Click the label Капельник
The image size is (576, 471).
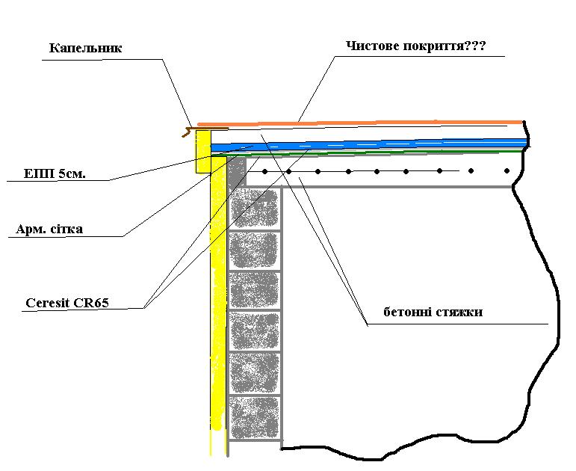tap(85, 49)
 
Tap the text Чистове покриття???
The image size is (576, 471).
tap(416, 46)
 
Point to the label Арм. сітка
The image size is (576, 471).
tap(49, 230)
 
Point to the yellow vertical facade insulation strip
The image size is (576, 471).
tap(217, 299)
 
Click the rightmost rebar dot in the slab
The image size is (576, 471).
tap(507, 170)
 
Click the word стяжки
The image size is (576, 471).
tap(459, 312)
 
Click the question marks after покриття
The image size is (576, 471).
tap(474, 46)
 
